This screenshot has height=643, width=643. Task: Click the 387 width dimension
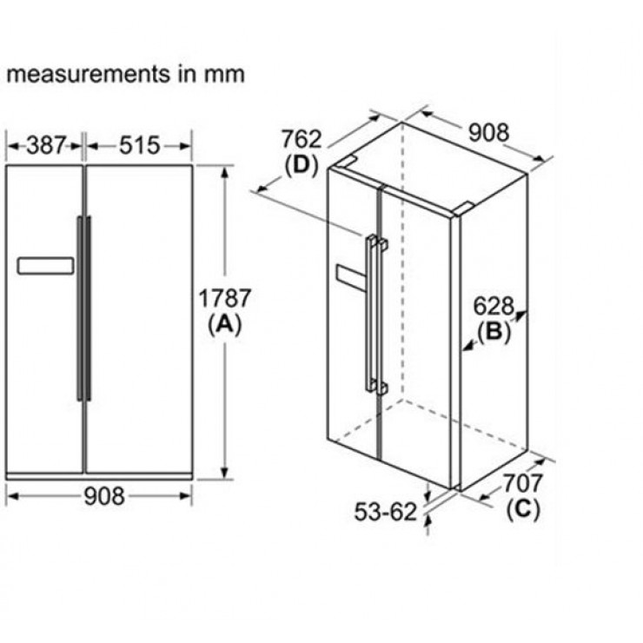pyautogui.click(x=46, y=145)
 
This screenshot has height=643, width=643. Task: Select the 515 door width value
pyautogui.click(x=139, y=146)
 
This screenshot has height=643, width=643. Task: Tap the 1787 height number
pyautogui.click(x=224, y=298)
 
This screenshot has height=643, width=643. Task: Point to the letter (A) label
pyautogui.click(x=224, y=324)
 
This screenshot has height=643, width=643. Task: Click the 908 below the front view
pyautogui.click(x=104, y=496)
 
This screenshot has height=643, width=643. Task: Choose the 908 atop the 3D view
pyautogui.click(x=488, y=132)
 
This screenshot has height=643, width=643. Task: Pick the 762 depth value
pyautogui.click(x=302, y=139)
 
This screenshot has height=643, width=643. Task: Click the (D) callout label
pyautogui.click(x=302, y=165)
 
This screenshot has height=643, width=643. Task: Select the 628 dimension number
pyautogui.click(x=494, y=306)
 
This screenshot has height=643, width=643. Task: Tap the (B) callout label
pyautogui.click(x=494, y=331)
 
